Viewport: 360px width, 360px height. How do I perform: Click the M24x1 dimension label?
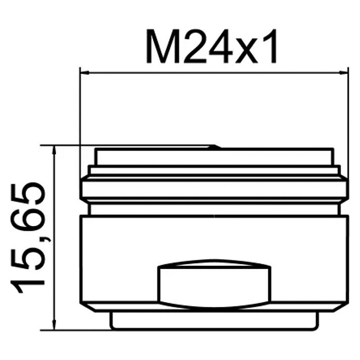point(211,47)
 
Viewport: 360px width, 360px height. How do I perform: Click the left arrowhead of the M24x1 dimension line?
point(84,73)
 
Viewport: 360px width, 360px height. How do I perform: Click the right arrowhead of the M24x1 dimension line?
point(343,73)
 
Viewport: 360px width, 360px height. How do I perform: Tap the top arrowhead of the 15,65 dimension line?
point(54,149)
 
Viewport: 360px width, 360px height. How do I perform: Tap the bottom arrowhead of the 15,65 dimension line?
point(54,326)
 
